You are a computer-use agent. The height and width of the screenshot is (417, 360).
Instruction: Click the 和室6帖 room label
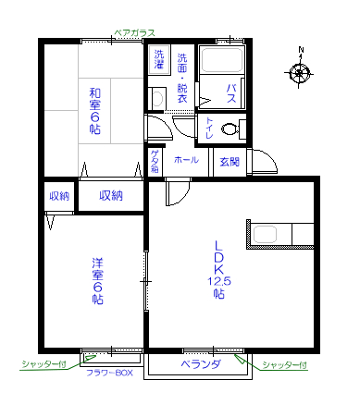click(x=95, y=111)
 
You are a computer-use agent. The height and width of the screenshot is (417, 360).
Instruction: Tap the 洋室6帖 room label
click(x=97, y=281)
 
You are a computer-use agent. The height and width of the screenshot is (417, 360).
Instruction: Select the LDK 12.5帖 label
click(x=218, y=269)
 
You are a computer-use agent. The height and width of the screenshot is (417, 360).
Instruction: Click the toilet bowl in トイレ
click(x=230, y=129)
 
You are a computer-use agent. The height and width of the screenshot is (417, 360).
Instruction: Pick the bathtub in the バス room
click(x=222, y=60)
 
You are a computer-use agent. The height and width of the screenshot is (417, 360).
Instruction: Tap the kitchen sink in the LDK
click(x=265, y=234)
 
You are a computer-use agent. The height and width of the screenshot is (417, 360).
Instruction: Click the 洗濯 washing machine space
click(x=159, y=60)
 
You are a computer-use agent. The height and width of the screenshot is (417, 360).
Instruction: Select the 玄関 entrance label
click(x=230, y=162)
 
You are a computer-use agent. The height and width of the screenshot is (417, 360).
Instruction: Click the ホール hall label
click(x=186, y=160)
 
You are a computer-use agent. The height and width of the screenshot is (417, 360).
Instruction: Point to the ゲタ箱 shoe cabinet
click(x=155, y=161)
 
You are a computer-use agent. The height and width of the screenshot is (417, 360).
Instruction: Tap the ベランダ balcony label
click(x=201, y=364)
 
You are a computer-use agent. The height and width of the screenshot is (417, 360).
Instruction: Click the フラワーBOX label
click(x=109, y=373)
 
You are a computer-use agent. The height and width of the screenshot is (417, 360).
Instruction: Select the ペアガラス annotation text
click(x=134, y=32)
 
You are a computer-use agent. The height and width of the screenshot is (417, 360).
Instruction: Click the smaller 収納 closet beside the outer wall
click(x=59, y=196)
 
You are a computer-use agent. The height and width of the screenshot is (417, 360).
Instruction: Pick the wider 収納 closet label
click(x=111, y=195)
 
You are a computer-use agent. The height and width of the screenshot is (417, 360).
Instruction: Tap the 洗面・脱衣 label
click(x=182, y=78)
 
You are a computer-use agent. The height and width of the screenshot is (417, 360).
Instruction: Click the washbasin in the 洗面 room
click(x=158, y=99)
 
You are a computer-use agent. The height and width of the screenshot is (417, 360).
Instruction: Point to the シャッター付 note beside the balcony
click(x=284, y=364)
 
